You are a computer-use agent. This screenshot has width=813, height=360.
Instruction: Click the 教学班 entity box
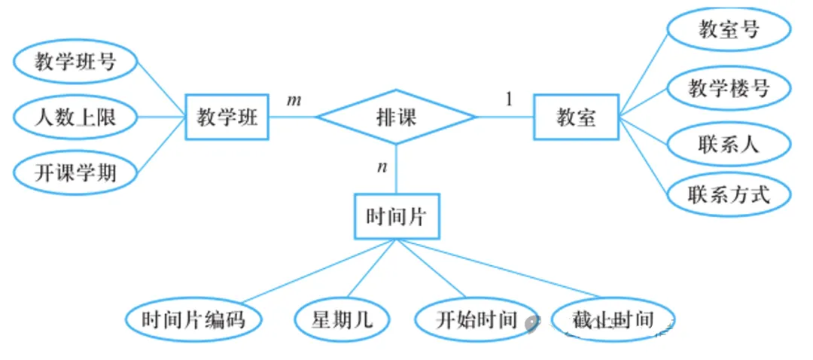coord(227,117)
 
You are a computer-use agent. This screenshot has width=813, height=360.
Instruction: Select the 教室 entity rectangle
coord(576,117)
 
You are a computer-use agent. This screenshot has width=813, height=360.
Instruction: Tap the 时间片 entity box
coord(396,218)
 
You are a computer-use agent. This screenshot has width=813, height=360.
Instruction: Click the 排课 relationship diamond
coord(396,117)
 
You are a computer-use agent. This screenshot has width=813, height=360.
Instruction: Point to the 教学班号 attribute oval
coord(75,62)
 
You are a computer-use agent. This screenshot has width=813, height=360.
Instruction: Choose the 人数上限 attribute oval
coord(75,117)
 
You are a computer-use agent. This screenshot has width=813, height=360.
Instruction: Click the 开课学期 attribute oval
coord(75,172)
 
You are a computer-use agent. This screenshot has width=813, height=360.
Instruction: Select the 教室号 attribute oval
coord(729,31)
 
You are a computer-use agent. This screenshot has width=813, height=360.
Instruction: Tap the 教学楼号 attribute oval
coord(729,87)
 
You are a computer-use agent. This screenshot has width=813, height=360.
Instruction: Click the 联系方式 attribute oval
coord(729,195)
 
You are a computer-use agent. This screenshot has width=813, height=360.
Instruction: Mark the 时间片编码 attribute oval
coord(193,320)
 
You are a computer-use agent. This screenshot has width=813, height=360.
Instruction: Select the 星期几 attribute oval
coord(342,320)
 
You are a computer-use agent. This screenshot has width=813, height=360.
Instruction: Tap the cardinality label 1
coord(509,99)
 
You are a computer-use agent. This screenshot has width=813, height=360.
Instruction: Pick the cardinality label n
coord(382,166)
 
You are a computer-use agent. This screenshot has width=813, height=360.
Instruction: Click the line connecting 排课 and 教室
coord(505,117)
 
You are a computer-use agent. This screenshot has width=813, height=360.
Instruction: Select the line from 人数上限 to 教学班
coord(161,117)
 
